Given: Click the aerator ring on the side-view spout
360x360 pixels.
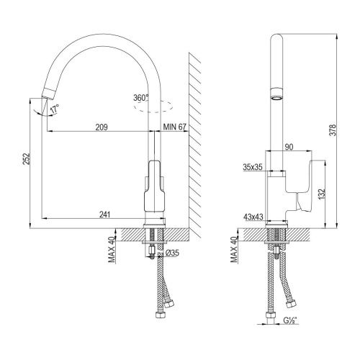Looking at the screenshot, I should coord(276,94).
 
